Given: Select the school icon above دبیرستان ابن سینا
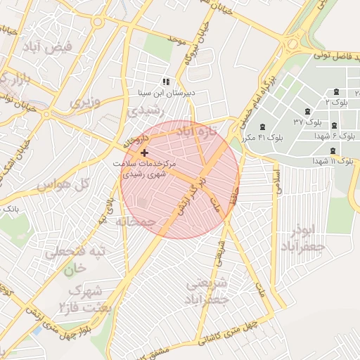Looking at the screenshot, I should tap(166, 82).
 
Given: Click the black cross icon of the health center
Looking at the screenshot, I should tap(144, 153).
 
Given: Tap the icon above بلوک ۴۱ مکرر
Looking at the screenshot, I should tap(262, 127).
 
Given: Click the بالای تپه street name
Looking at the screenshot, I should tap(106, 211).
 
